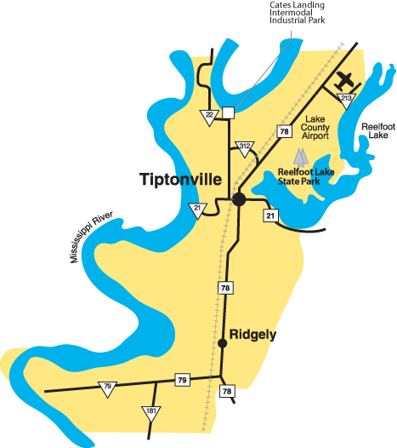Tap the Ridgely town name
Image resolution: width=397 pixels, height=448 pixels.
pos(253,335)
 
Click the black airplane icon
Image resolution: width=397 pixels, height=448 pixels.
pos(344,81)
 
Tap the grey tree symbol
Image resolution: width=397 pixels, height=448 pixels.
pos(299,158)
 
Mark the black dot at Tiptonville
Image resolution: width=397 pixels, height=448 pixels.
pos(239,198)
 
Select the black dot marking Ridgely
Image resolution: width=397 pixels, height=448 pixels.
pos(223,343)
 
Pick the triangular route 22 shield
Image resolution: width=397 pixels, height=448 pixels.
pos(209,117)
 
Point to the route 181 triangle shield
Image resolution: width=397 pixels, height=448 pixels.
pos(150,413)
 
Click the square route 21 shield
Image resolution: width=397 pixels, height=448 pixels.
pos(270,215)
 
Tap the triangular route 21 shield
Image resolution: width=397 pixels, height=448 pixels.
pos(196,210)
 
